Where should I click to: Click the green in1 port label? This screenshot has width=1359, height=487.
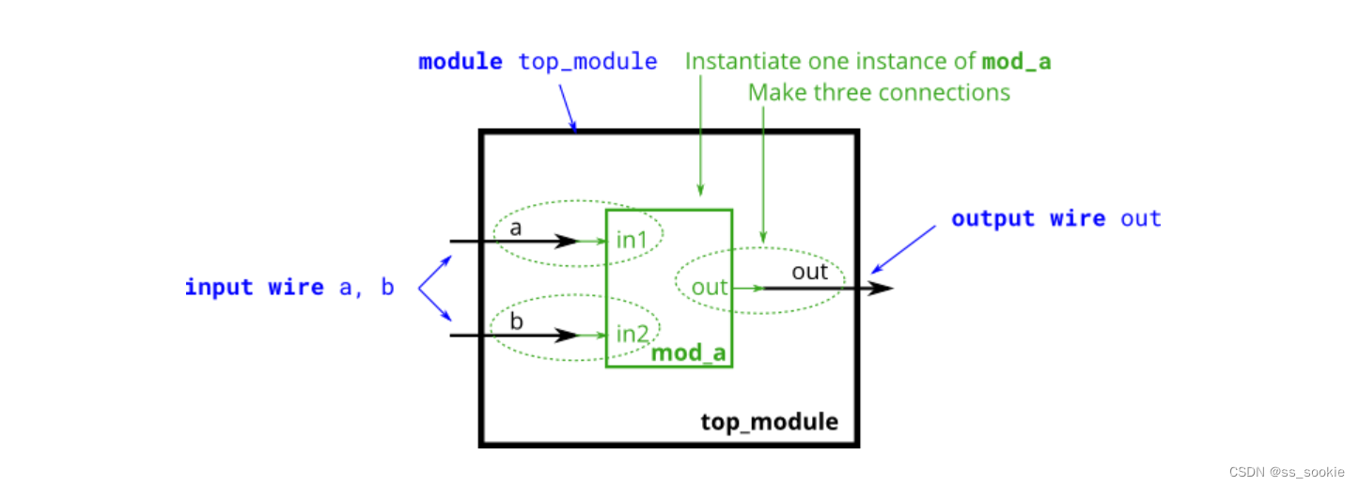(x=632, y=240)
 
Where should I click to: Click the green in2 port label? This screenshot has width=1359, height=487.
(x=633, y=334)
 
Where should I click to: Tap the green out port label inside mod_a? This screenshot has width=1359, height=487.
(x=710, y=287)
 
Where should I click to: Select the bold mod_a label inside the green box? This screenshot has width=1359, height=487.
(x=689, y=353)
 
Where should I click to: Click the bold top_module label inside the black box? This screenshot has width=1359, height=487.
(x=769, y=421)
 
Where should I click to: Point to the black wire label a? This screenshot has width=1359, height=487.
(x=515, y=228)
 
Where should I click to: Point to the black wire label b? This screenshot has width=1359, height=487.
(x=516, y=321)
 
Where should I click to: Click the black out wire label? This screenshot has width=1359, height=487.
(x=809, y=272)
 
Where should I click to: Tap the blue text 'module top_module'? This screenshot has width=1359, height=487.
(x=538, y=62)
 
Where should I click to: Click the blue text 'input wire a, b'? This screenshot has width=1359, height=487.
(x=289, y=287)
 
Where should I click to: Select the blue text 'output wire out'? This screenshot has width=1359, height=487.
(x=1055, y=219)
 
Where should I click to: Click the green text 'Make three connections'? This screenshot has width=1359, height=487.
(x=879, y=92)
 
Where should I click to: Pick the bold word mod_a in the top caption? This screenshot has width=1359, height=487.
(x=1016, y=62)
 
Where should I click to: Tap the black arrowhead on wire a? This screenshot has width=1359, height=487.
(x=566, y=242)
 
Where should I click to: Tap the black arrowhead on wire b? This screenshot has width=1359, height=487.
(x=566, y=335)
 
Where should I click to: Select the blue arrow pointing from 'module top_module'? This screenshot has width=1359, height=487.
(x=568, y=106)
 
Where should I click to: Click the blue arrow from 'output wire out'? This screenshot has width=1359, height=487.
(x=903, y=249)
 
